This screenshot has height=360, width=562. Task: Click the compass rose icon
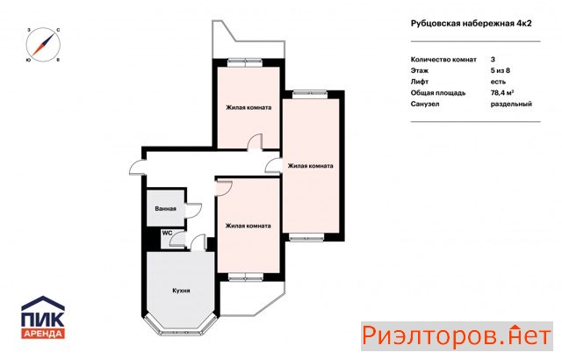click(x=43, y=45)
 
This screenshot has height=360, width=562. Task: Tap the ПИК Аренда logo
click(x=43, y=317)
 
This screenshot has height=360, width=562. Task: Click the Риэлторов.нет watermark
click(x=457, y=336)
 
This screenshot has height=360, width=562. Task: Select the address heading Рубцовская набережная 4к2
click(x=471, y=24)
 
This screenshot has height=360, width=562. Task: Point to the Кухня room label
click(x=181, y=291)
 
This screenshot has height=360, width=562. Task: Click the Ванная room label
click(x=166, y=208)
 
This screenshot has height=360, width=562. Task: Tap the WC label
click(x=167, y=233)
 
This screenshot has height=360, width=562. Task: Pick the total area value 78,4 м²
click(x=502, y=93)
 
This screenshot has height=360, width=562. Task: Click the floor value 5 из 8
click(x=500, y=70)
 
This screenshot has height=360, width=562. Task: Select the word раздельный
click(x=511, y=104)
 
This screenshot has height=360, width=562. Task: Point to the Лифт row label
click(x=420, y=82)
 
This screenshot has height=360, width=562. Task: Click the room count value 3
click(x=493, y=60)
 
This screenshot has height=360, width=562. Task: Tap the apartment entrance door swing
click(x=137, y=168)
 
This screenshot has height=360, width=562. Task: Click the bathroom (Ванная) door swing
click(x=193, y=210)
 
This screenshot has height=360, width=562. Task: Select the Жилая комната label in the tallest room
click(x=310, y=166)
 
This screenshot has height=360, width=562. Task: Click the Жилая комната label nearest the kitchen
click(x=248, y=226)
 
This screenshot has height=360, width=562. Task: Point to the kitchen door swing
click(x=198, y=242)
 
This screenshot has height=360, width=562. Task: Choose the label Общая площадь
click(x=438, y=93)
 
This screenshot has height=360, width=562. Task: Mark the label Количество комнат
click(x=443, y=60)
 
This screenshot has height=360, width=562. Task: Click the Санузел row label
click(x=425, y=104)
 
